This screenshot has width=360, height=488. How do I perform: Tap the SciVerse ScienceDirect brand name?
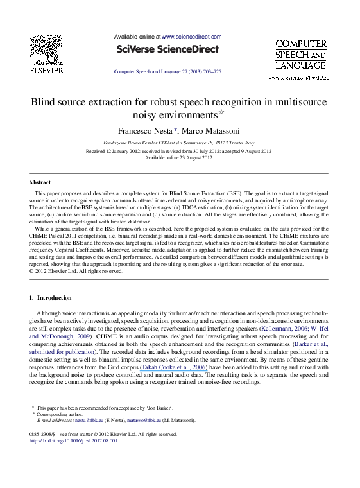(x=166, y=49)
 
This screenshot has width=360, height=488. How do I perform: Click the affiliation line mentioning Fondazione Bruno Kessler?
(x=179, y=143)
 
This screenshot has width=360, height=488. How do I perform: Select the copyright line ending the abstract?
(x=76, y=272)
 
